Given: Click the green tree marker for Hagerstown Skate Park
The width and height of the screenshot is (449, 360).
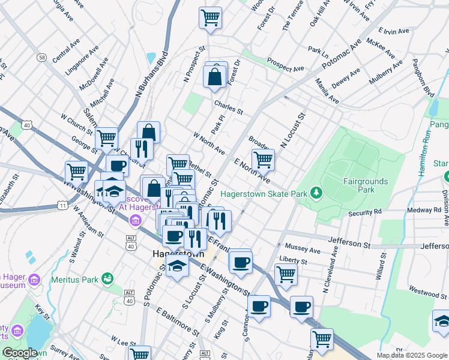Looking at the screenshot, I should point(315,193).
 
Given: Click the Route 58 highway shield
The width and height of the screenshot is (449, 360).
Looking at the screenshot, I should point(41,57).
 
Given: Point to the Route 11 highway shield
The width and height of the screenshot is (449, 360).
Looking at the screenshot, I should point(62,206).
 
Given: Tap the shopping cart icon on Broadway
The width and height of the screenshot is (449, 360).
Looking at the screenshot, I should point(263,160).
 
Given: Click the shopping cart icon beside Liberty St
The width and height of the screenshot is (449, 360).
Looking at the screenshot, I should point(286,274).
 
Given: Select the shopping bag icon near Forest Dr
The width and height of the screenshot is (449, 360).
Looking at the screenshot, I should point(215,77).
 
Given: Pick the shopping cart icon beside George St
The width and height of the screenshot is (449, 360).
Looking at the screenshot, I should point(106,137).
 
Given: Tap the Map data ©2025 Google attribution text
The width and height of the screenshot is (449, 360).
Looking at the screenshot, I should point(412,355).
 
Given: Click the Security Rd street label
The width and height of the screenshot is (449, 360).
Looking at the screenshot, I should point(365,212).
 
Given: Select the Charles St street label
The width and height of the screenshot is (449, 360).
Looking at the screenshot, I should point(229,107).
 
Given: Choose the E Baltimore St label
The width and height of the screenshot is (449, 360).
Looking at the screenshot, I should point(178,322).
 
